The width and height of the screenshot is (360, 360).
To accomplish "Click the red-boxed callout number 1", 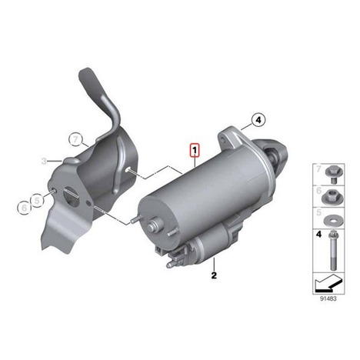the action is (x=195, y=150).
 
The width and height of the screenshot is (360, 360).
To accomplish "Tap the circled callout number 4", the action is (x=258, y=120).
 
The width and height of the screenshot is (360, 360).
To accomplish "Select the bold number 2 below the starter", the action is (x=214, y=275).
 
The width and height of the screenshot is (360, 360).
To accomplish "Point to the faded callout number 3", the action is (x=44, y=162).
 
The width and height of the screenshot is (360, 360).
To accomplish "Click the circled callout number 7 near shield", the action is (x=75, y=140).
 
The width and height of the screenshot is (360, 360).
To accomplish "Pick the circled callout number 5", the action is (x=38, y=200).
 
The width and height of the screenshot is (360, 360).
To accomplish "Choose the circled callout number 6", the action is (x=24, y=208).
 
